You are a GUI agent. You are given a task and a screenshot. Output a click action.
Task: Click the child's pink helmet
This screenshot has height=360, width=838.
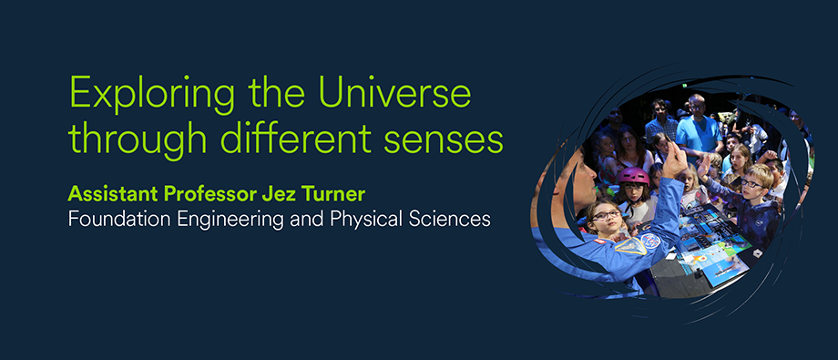(634, 176)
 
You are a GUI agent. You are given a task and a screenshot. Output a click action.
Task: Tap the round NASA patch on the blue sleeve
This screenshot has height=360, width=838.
(649, 241)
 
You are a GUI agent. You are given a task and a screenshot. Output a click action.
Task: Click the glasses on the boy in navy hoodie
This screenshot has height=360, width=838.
(752, 183)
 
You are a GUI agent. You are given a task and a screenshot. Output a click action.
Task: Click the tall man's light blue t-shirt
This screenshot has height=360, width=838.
(698, 133)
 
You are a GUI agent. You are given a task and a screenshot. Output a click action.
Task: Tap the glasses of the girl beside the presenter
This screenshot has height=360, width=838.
(607, 216)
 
